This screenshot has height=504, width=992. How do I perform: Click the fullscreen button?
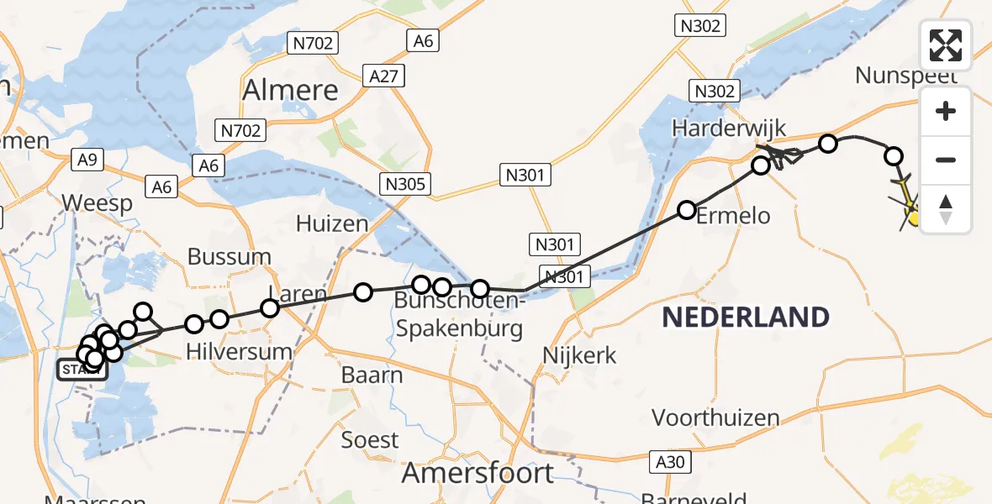point(946,45)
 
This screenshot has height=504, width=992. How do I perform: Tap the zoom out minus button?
point(946,160)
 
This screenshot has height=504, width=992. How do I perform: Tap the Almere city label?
point(290,90)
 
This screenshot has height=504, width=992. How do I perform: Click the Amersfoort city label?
point(478,473)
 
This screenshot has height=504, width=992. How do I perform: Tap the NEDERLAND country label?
point(746,318)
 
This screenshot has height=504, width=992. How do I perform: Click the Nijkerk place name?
point(580,355)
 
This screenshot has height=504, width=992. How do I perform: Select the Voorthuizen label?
point(715,417)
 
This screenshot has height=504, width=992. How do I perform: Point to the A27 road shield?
point(387,76)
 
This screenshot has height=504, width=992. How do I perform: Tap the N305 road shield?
point(405,185)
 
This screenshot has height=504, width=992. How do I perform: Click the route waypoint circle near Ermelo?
point(687,210)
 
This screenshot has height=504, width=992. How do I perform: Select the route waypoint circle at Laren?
point(270,308)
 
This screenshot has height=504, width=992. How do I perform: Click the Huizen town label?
point(332,223)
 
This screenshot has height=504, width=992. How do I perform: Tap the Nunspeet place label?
point(905,76)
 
